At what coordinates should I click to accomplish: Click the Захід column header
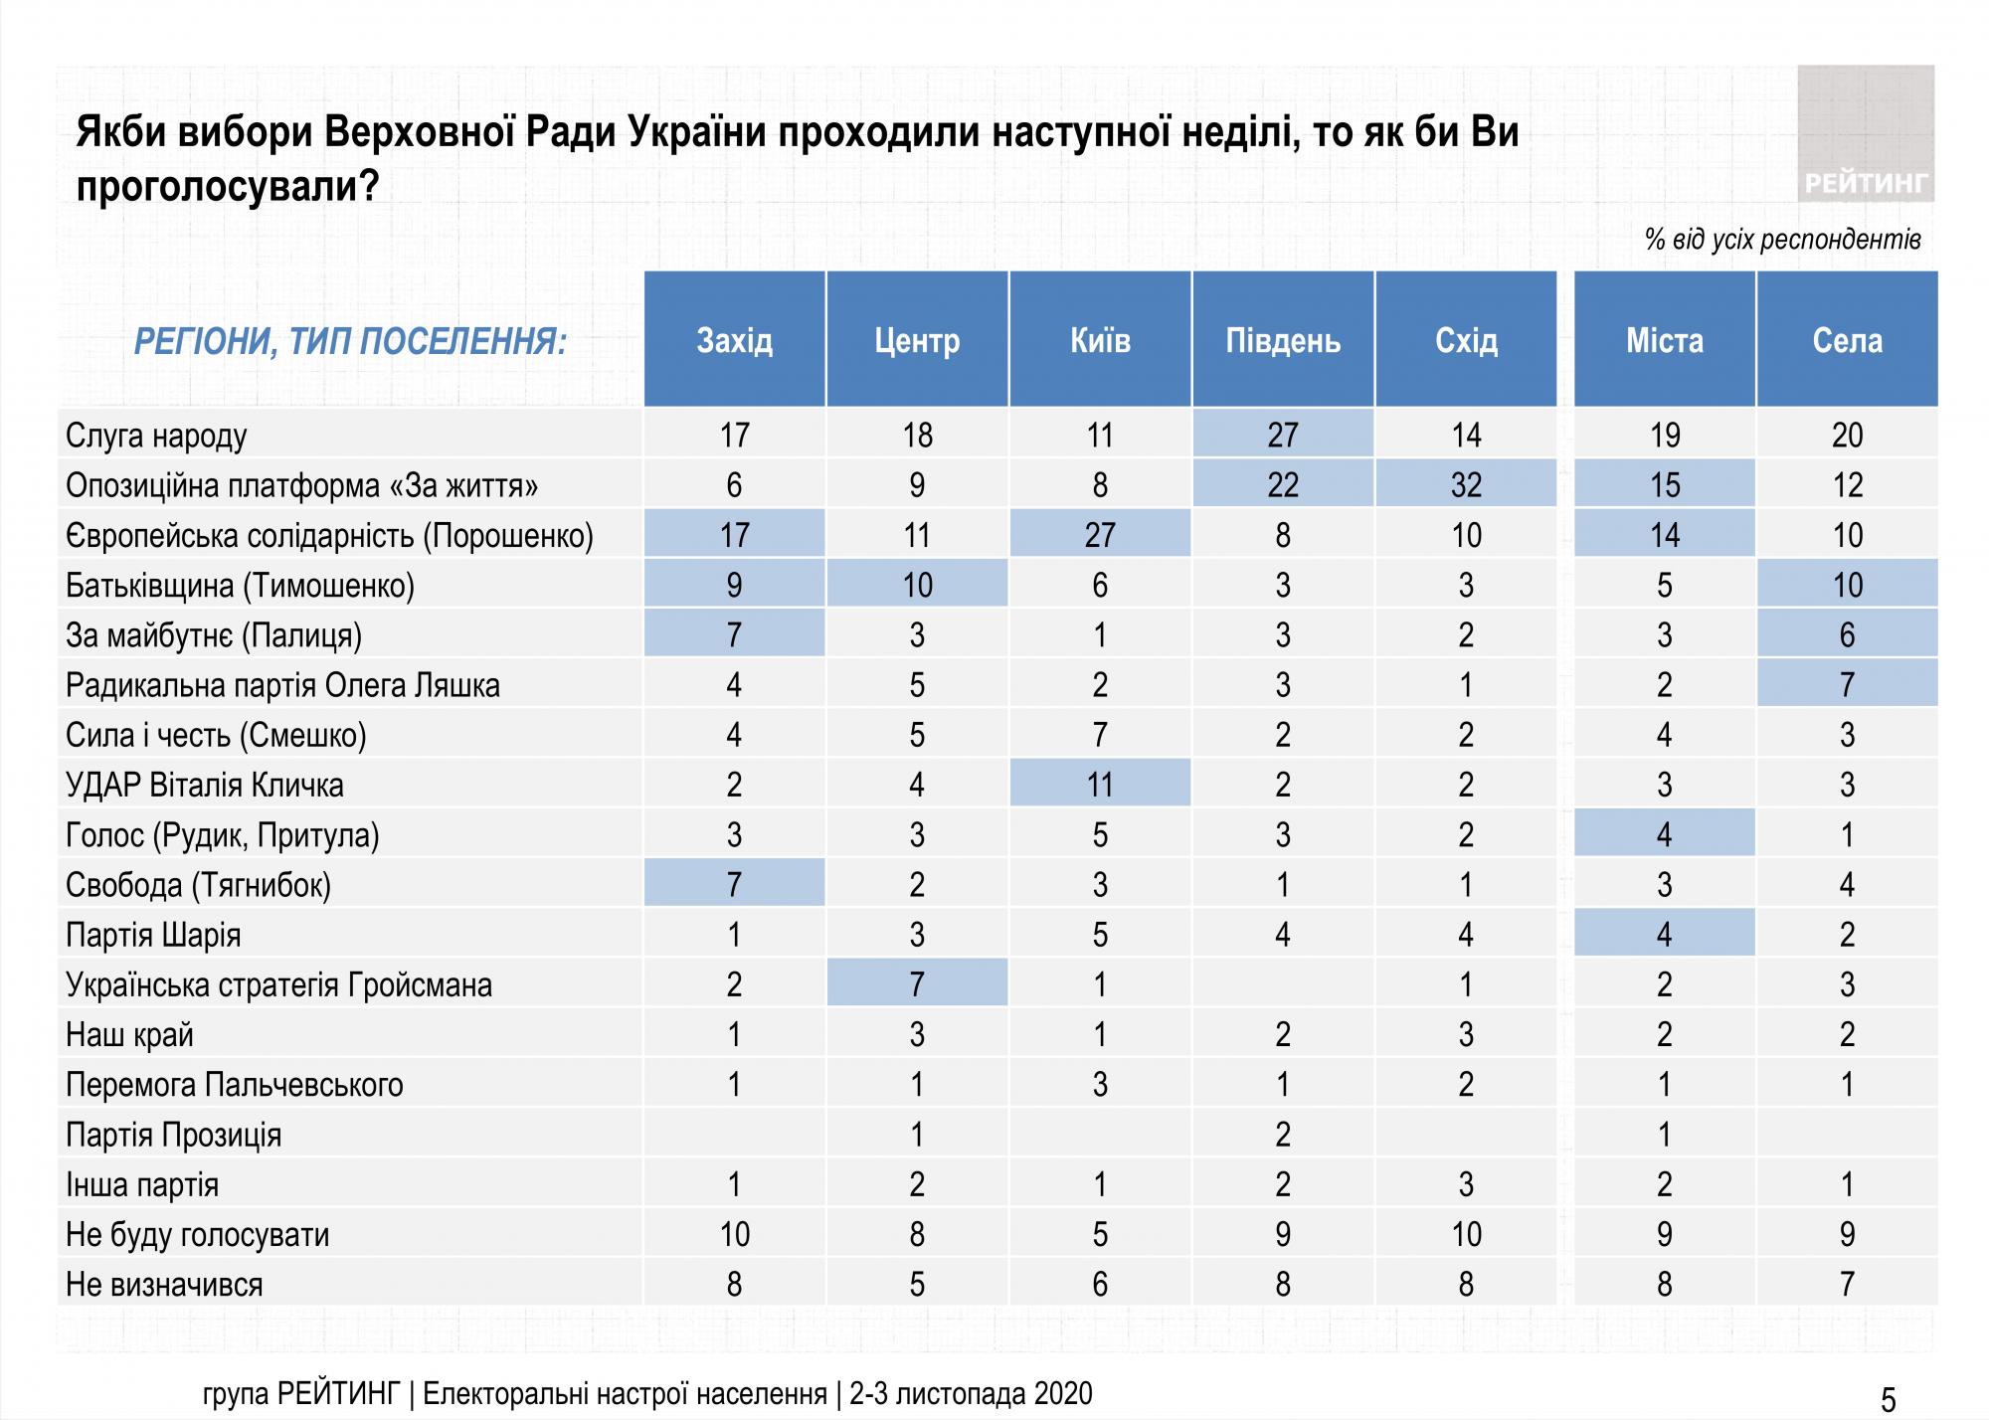(x=734, y=340)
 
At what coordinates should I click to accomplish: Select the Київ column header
(x=1100, y=340)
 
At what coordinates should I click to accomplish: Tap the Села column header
(x=1847, y=340)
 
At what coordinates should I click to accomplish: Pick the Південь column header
(x=1283, y=340)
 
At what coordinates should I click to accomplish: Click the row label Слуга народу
(x=156, y=436)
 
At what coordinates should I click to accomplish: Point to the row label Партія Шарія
(x=153, y=935)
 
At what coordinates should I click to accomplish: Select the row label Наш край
(x=129, y=1035)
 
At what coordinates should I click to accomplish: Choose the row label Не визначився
(x=164, y=1285)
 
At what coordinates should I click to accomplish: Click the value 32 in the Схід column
(x=1466, y=485)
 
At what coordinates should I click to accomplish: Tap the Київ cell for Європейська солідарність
(x=1100, y=535)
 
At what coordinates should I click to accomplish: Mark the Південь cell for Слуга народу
(x=1283, y=436)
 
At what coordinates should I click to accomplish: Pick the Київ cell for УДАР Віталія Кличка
(x=1100, y=785)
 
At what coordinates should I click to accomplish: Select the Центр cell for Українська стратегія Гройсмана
(x=917, y=984)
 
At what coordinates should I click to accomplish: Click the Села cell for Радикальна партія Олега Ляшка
(x=1847, y=685)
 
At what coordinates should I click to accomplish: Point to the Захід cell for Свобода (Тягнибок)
(x=734, y=885)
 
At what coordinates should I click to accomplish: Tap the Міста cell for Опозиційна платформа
(x=1665, y=485)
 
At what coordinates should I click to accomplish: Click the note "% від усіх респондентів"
(x=1782, y=240)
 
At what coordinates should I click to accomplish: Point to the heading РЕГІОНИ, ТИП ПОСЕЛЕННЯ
(x=350, y=342)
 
